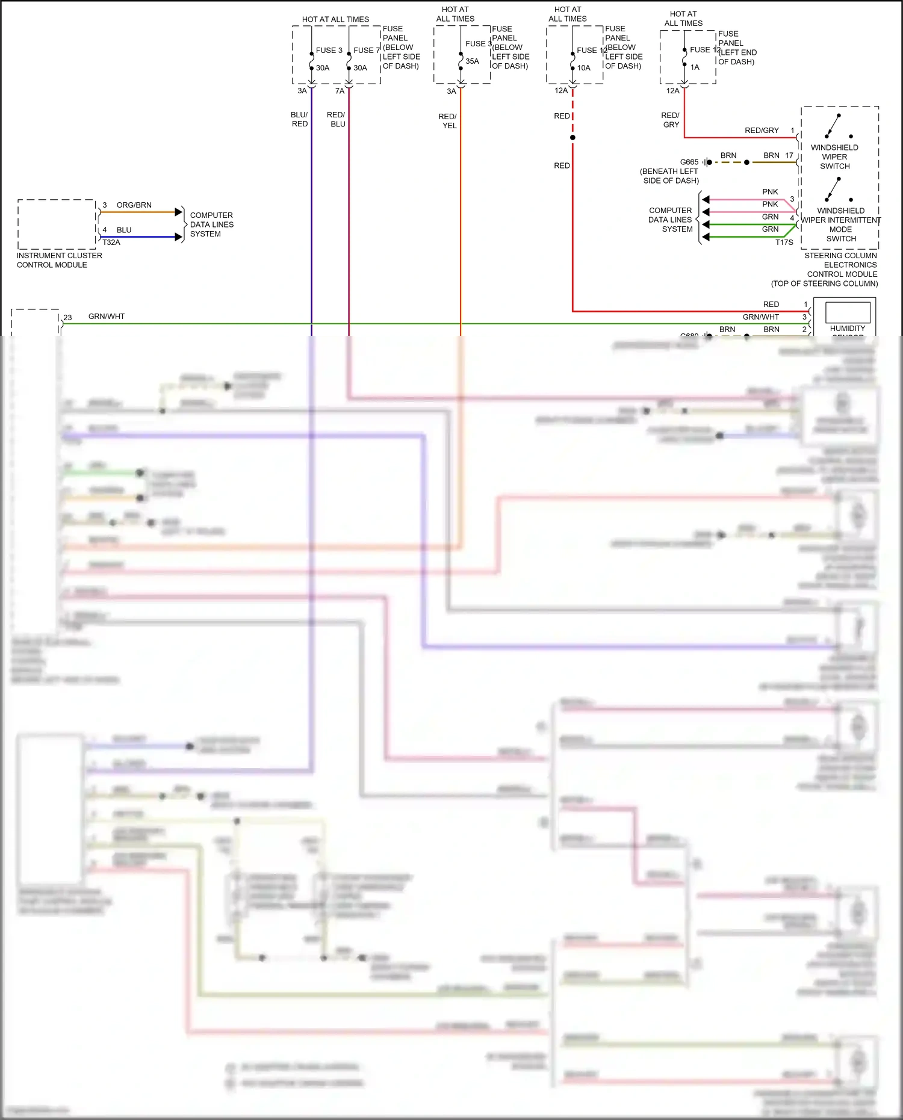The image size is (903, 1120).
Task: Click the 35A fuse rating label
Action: [472, 61]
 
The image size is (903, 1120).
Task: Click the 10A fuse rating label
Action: [583, 68]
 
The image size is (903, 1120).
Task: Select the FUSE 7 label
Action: [366, 51]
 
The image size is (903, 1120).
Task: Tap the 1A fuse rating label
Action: [695, 67]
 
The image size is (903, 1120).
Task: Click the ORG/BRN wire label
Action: [134, 205]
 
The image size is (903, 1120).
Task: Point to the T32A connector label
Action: [111, 243]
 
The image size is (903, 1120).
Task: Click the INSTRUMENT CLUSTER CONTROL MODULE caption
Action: [59, 260]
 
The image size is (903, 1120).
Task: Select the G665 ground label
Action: [689, 162]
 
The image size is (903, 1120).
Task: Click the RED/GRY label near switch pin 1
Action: [762, 131]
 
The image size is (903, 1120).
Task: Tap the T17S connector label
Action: [784, 243]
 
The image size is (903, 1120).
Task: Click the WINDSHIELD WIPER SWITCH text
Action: [834, 156]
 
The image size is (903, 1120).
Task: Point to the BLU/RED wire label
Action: [299, 119]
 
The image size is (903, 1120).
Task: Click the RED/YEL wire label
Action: [448, 121]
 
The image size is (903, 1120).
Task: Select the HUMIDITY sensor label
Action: [847, 329]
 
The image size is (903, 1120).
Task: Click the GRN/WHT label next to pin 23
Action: [107, 317]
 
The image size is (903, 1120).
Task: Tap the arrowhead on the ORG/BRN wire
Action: [178, 212]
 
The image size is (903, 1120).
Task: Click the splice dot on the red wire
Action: [573, 138]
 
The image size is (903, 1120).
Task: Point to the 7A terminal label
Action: [340, 91]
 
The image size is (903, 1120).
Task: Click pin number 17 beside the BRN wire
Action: [789, 155]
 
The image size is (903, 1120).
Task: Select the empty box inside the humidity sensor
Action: [847, 312]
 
